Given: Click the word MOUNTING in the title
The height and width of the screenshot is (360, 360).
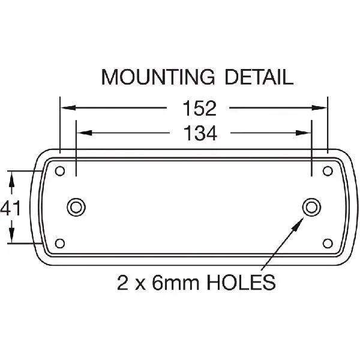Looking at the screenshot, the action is (x=158, y=77).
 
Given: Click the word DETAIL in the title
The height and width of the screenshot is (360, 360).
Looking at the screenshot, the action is (x=259, y=77).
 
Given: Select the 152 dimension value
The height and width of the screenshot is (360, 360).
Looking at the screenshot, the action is (x=200, y=108).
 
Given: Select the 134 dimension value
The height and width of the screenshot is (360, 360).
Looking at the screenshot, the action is (x=200, y=133).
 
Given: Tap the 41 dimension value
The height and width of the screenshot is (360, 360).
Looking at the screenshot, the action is (x=11, y=208).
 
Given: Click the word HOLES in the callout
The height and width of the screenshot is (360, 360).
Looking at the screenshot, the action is (x=241, y=282).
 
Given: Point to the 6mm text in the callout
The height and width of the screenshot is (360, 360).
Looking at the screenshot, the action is (x=176, y=282).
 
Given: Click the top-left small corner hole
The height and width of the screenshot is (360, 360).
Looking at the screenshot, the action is (x=60, y=171).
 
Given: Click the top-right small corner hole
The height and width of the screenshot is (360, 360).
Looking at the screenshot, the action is (x=328, y=171).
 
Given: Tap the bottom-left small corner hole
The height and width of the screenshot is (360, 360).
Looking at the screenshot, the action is (x=60, y=244).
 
